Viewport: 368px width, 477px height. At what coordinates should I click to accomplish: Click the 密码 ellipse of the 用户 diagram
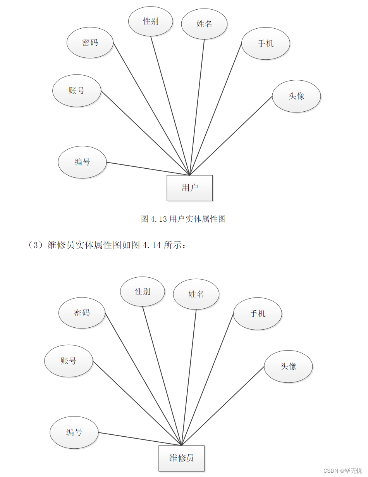point(90,42)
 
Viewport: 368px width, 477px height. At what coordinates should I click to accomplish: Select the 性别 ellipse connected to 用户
point(151,21)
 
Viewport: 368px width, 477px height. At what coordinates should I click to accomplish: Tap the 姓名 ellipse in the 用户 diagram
point(204,24)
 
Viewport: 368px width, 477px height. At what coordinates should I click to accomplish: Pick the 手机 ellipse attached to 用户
point(266,43)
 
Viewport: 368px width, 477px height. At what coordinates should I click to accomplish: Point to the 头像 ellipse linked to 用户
point(296,96)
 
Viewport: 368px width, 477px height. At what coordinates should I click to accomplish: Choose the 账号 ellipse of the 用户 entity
point(77,91)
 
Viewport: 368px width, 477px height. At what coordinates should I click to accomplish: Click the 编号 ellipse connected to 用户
point(82,162)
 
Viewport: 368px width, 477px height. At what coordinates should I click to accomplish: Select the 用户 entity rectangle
point(189,188)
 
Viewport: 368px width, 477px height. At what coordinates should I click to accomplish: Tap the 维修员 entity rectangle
point(181,458)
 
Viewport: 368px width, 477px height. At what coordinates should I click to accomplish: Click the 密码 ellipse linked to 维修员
point(82,313)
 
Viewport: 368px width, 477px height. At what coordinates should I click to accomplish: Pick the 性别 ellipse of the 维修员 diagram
point(143,291)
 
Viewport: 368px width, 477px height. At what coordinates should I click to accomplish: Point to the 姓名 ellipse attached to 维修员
point(196,294)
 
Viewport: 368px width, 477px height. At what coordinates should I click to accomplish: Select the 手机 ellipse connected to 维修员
point(258,314)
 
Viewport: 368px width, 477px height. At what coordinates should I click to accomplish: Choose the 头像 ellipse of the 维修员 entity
point(288,366)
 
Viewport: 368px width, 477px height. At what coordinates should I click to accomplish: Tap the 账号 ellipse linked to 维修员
point(69,361)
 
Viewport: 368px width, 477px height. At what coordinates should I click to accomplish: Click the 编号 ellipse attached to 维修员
point(74,432)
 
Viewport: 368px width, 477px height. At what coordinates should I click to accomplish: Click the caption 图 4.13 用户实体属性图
point(183,219)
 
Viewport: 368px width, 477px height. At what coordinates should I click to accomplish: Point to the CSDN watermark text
point(342,470)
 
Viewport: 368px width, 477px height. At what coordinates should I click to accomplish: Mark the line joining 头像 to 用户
point(231,135)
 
